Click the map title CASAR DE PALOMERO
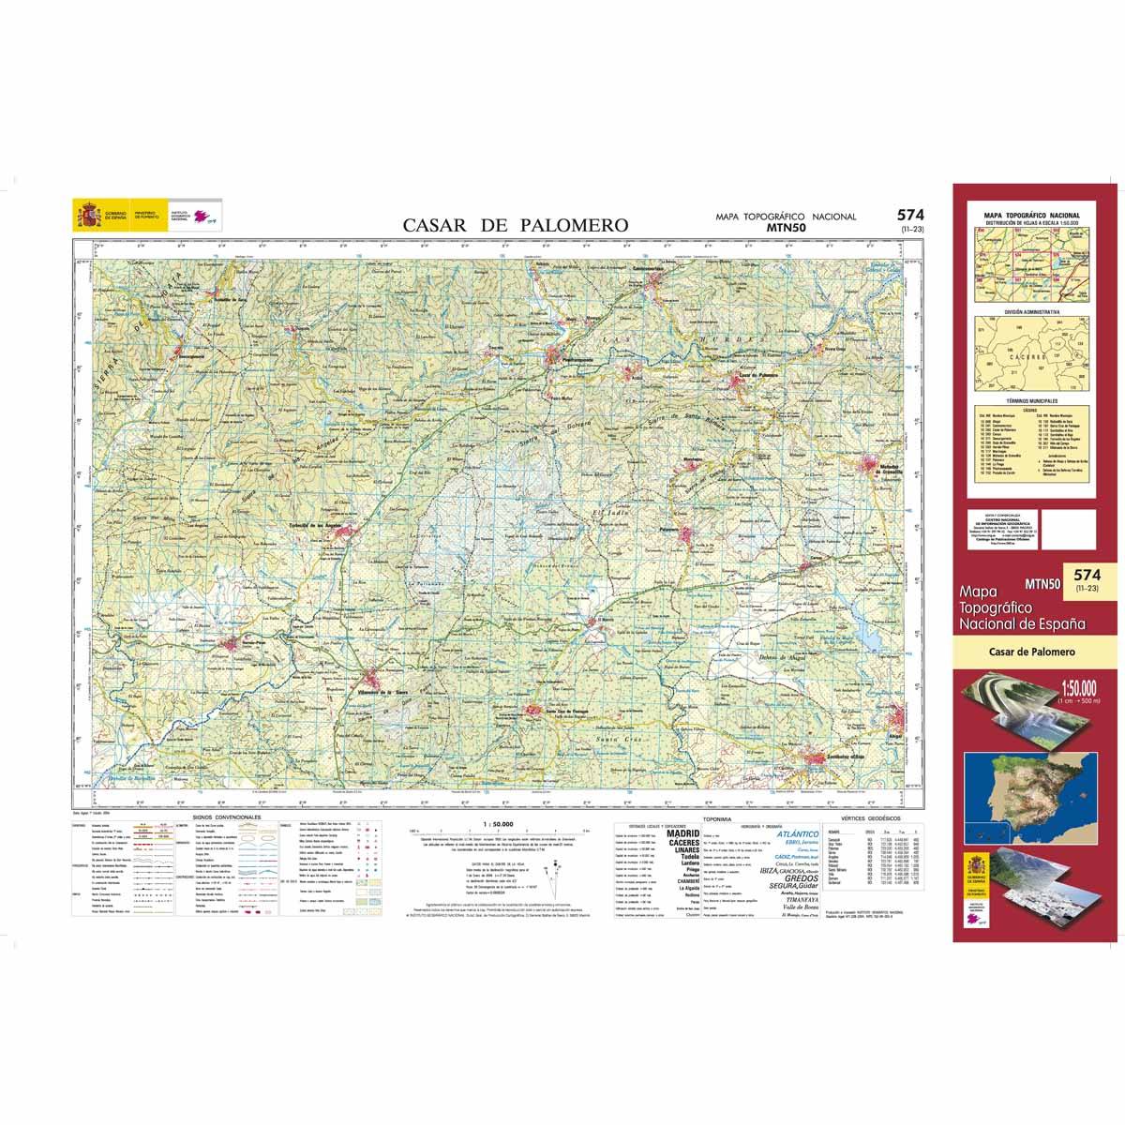pyautogui.click(x=516, y=225)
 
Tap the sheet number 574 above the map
pyautogui.click(x=908, y=215)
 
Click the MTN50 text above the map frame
pyautogui.click(x=786, y=227)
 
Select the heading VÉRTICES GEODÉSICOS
pyautogui.click(x=872, y=817)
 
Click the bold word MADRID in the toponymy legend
pyautogui.click(x=682, y=832)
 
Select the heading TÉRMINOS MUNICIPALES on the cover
pyautogui.click(x=1029, y=399)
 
